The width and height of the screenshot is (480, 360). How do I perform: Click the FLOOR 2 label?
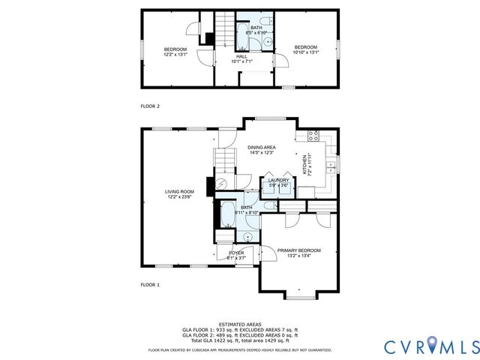(x=151, y=106)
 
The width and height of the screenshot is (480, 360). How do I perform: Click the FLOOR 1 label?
(x=151, y=285)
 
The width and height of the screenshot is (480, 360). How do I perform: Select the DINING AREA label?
(x=262, y=148)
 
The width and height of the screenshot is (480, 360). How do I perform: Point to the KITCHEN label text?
(x=304, y=165)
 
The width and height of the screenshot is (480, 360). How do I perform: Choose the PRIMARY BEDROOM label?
(x=298, y=250)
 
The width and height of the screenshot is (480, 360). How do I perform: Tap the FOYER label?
(x=237, y=253)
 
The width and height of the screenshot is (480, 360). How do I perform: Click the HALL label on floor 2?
(x=241, y=56)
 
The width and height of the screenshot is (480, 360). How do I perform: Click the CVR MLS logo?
(x=430, y=346)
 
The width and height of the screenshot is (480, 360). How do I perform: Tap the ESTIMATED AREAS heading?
(x=240, y=324)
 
